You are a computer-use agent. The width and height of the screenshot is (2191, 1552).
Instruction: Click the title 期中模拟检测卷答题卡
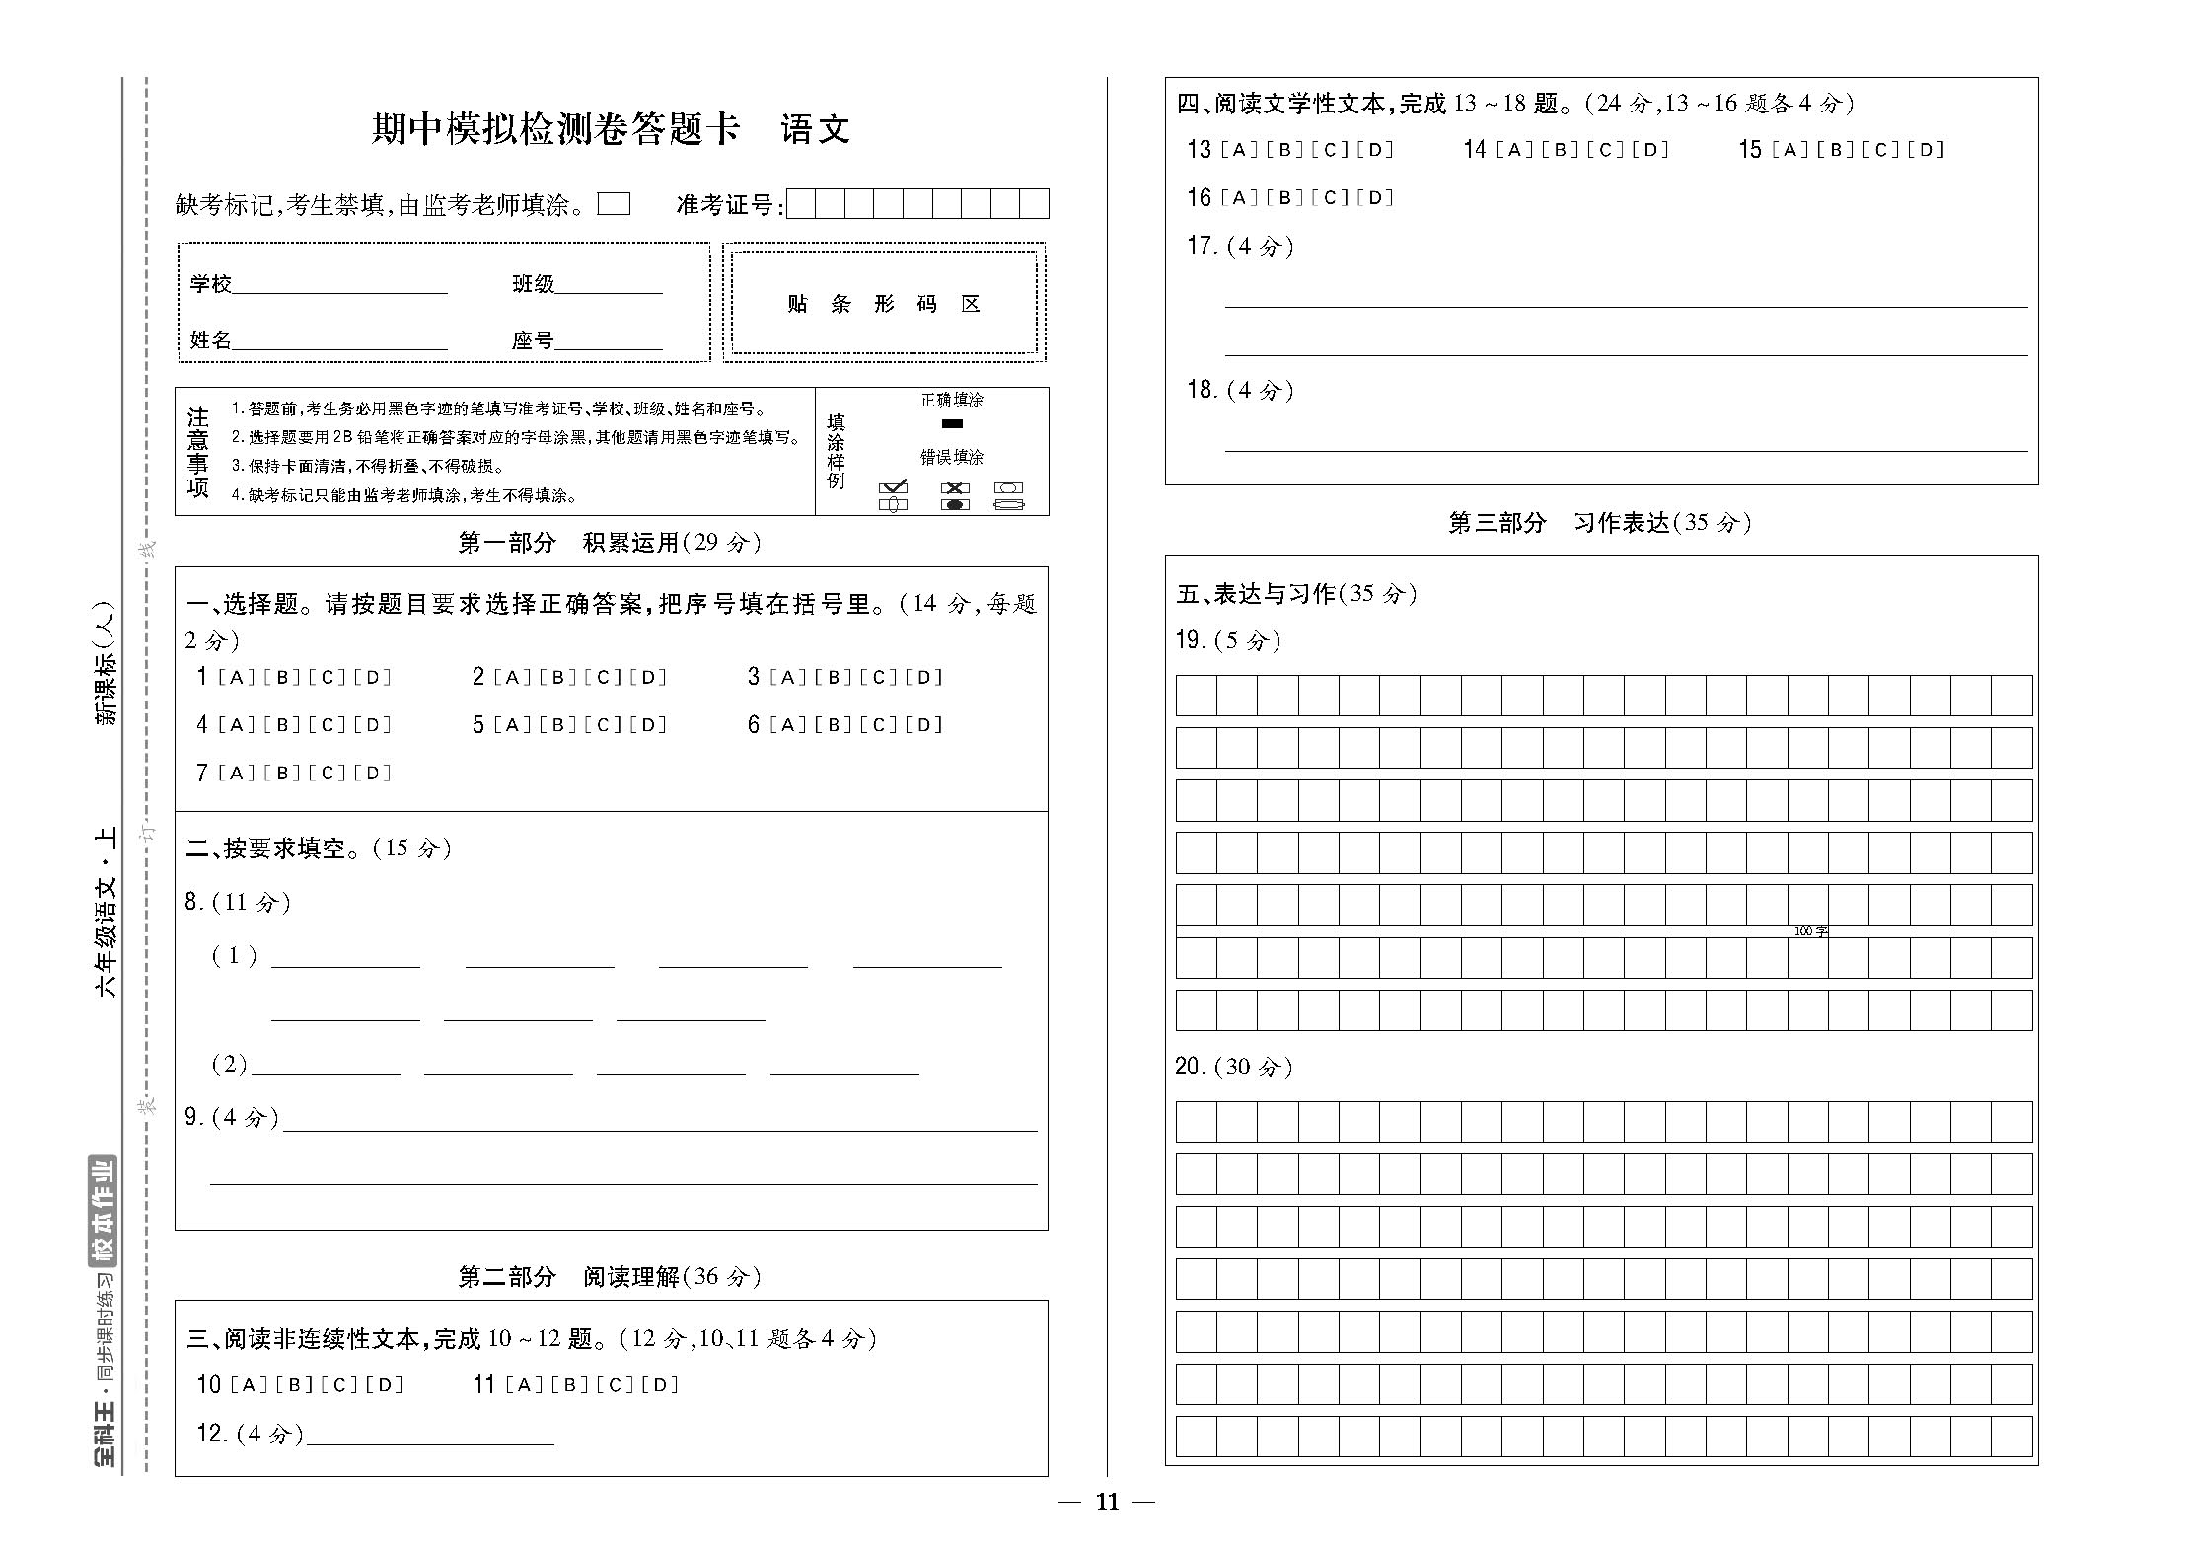554,129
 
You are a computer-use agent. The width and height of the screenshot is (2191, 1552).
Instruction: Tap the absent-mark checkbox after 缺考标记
615,204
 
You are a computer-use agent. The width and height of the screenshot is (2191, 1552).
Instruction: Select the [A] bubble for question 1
237,678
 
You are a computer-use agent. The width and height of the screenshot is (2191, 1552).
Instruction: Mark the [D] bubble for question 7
373,774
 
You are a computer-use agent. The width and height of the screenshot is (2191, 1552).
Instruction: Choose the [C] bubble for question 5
603,726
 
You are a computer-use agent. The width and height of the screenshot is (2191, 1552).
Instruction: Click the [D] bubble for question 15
1926,150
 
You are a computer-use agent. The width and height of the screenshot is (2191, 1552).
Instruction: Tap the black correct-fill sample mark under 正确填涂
952,424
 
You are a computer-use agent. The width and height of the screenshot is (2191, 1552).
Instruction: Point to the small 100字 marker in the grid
1810,931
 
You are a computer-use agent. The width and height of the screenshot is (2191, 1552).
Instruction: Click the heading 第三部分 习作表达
1599,523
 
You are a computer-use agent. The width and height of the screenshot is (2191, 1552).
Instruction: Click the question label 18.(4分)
1240,391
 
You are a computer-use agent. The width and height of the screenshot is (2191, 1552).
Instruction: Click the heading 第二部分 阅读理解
610,1277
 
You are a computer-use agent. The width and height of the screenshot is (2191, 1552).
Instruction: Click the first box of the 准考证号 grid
801,204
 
